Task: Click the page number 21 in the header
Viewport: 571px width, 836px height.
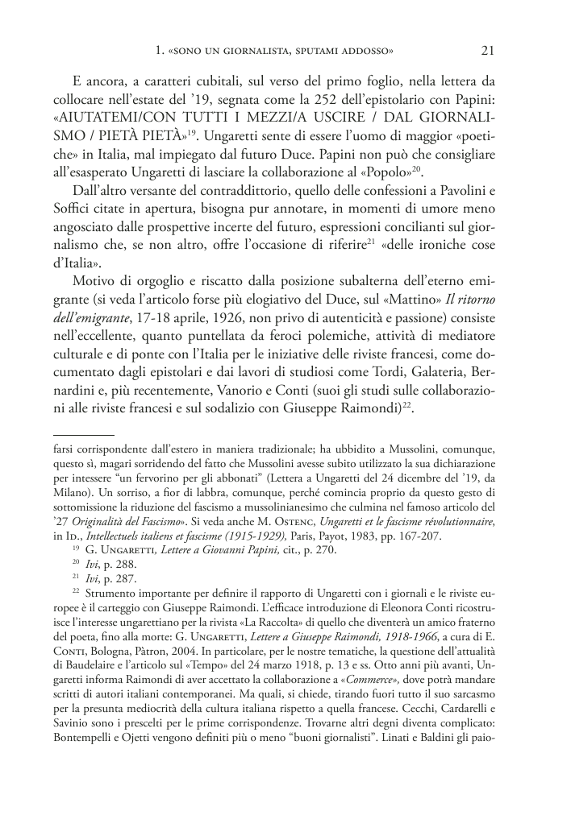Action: click(487, 51)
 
